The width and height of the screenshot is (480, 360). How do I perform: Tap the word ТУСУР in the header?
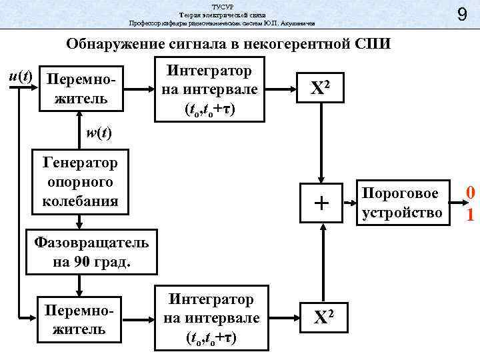point(221,5)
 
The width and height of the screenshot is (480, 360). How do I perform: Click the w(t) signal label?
point(99,132)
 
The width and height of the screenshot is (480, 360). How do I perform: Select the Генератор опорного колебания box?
point(79,181)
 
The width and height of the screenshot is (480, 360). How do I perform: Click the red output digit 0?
point(470,193)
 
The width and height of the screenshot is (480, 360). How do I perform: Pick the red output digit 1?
point(470,215)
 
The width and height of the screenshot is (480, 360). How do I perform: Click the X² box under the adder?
point(321,319)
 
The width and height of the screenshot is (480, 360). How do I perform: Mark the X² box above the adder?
point(321,89)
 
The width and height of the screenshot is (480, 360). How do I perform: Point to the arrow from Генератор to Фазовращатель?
point(79,220)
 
